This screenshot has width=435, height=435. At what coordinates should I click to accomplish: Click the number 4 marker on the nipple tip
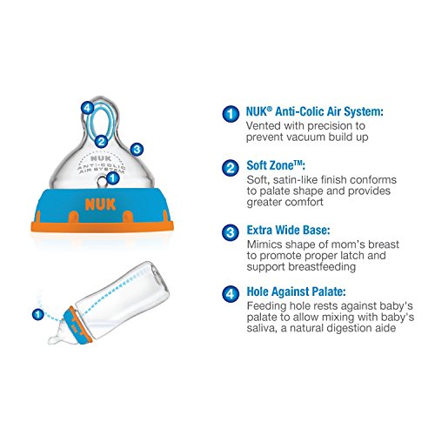click(87, 109)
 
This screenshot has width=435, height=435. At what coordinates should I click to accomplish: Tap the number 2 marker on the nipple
click(101, 142)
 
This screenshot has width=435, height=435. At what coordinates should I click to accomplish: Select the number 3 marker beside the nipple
click(137, 150)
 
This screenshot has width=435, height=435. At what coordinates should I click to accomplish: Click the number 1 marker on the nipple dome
click(113, 177)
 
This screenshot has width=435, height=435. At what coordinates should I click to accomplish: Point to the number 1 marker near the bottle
click(37, 314)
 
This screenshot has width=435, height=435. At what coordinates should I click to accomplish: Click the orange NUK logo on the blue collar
click(100, 204)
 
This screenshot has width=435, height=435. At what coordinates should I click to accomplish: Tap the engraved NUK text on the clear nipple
click(101, 158)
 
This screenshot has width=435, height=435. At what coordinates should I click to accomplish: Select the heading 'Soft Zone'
click(276, 165)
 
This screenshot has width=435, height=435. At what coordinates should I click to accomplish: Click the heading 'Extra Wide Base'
click(288, 231)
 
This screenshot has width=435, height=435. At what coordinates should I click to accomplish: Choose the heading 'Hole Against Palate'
click(296, 291)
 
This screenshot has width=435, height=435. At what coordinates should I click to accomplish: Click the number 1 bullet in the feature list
click(231, 114)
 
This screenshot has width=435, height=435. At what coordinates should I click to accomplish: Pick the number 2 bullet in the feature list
click(231, 168)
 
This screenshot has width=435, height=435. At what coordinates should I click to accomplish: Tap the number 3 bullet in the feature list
click(231, 232)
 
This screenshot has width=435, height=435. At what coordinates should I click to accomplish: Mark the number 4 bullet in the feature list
click(231, 294)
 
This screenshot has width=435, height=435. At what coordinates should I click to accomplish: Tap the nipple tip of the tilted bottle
click(52, 340)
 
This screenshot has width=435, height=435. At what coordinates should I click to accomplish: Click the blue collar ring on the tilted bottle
click(77, 325)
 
